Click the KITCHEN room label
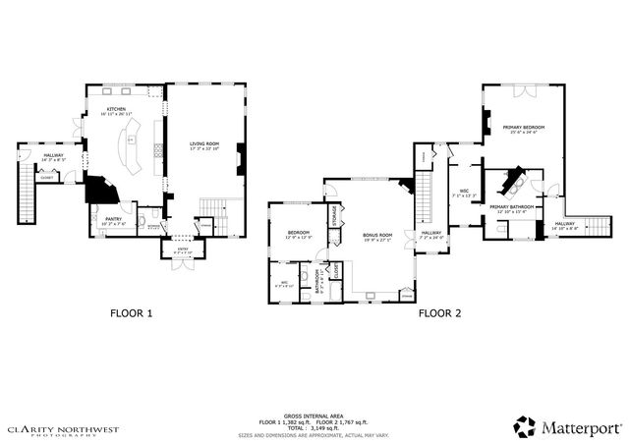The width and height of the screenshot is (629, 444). tap(117, 110)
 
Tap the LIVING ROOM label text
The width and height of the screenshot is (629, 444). tap(204, 145)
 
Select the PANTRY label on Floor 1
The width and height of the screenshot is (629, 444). tap(114, 219)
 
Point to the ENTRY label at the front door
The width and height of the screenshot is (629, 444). tap(182, 249)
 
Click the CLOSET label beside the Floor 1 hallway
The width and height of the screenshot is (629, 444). tap(47, 178)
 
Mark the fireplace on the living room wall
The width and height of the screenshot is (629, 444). tap(240, 158)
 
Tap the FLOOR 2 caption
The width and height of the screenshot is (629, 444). tap(439, 313)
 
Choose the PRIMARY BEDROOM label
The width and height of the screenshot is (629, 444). tap(523, 128)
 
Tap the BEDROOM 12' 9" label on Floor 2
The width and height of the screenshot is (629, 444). tap(299, 234)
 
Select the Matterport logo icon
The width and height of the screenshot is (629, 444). tap(525, 425)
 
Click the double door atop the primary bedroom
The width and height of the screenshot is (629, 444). tap(523, 89)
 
